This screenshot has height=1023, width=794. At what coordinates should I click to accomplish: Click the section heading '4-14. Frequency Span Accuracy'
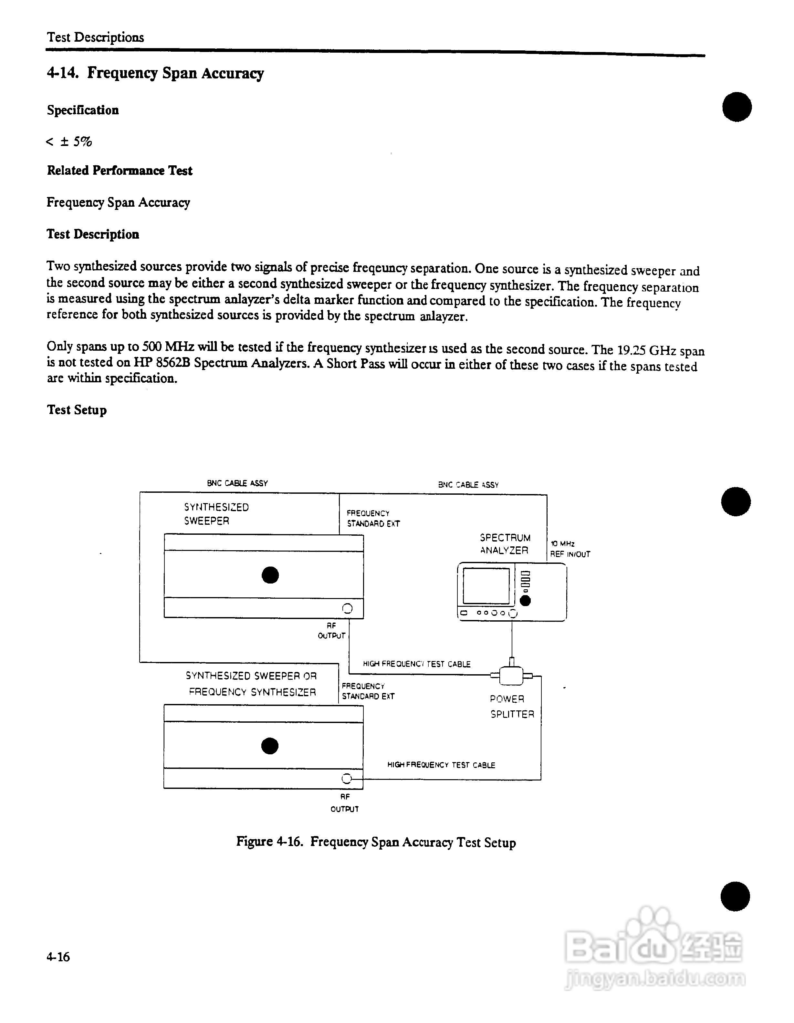tap(155, 73)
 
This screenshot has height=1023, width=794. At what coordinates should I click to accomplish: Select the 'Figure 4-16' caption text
tap(376, 842)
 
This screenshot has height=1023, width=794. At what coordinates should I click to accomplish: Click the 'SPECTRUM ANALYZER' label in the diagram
tap(505, 544)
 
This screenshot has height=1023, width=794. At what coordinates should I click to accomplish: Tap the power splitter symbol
tap(512, 675)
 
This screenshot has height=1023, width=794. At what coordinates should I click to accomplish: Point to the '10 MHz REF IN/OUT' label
tap(569, 549)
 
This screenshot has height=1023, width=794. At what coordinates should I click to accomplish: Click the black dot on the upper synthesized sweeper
tap(270, 575)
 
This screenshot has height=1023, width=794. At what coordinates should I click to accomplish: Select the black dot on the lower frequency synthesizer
tap(270, 746)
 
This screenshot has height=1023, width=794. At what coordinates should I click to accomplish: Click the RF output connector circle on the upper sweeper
tap(347, 608)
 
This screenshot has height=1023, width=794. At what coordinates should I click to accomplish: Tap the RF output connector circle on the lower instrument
tap(346, 779)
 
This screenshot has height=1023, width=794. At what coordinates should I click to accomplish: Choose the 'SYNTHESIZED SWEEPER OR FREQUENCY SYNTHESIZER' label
tap(252, 684)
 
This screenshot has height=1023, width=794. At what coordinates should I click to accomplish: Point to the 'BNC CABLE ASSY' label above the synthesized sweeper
tap(237, 483)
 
